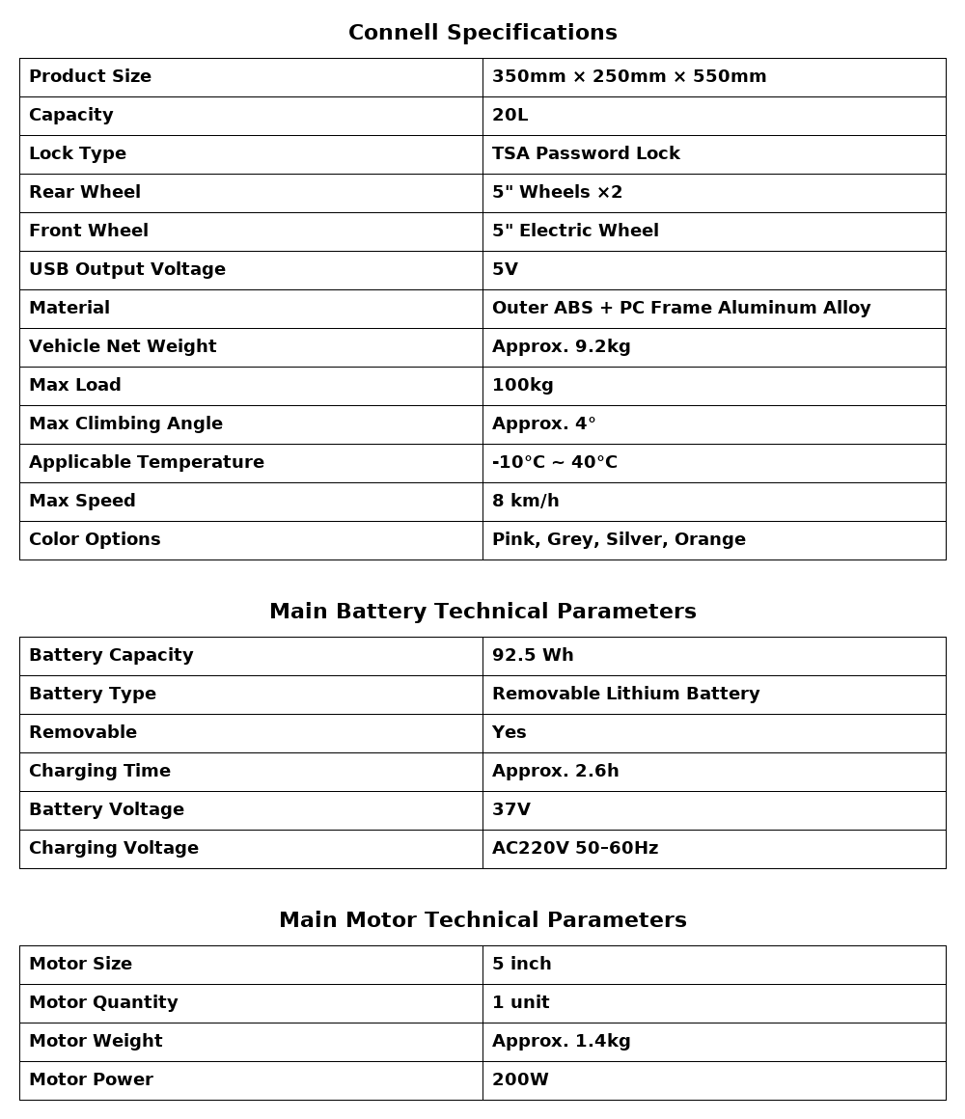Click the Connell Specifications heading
point(482,33)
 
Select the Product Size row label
point(90,77)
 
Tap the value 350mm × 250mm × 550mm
point(629,77)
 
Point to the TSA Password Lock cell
point(586,154)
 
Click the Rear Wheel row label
point(85,193)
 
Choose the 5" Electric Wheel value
point(575,232)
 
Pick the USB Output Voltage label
point(127,270)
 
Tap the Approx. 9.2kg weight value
point(561,347)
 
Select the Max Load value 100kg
point(522,386)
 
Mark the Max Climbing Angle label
point(125,424)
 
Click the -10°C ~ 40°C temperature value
point(554,463)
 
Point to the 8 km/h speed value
point(525,502)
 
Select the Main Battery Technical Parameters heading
point(482,612)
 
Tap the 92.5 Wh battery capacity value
point(533,656)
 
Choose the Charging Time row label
point(99,772)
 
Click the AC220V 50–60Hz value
point(575,849)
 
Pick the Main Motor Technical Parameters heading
point(482,920)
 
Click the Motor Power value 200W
point(520,1080)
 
